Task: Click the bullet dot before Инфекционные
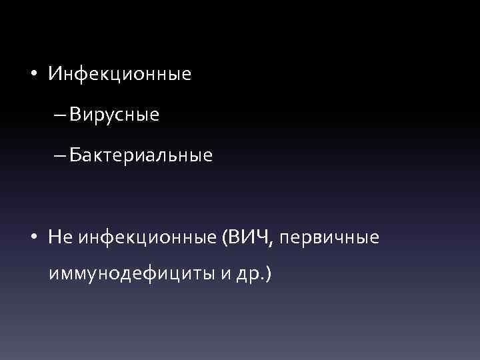33,73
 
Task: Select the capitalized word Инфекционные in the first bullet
119,74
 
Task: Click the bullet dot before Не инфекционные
33,238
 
